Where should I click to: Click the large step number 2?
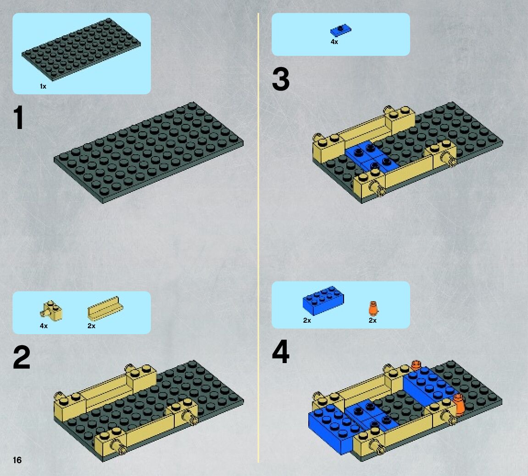(x=22, y=358)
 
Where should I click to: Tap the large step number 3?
(x=280, y=79)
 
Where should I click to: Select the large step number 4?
(x=280, y=352)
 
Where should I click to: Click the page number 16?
(x=17, y=460)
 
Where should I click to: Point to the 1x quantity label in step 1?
(x=43, y=86)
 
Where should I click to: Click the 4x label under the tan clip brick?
(x=44, y=326)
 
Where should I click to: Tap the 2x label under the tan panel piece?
(x=91, y=326)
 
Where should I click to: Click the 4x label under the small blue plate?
(x=334, y=42)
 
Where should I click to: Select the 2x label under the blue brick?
(x=307, y=320)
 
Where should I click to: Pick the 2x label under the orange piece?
(x=372, y=320)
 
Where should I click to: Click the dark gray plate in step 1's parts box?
(x=81, y=49)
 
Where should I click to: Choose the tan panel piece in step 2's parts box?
(x=106, y=308)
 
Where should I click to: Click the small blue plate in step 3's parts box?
(x=340, y=30)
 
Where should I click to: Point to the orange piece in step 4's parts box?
(x=373, y=308)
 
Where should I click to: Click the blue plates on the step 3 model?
(x=372, y=157)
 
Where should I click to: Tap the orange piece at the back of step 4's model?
(x=417, y=365)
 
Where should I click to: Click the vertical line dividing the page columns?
(x=258, y=238)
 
